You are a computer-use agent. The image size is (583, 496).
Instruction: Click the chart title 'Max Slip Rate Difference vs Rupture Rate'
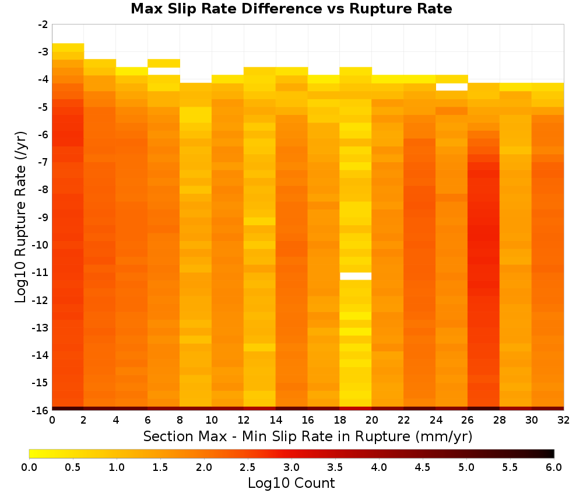[291, 9]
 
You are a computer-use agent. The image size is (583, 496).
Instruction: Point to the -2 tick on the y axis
[43, 25]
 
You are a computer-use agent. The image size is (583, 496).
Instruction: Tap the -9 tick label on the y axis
[43, 217]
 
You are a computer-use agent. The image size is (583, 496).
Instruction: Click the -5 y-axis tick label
[43, 107]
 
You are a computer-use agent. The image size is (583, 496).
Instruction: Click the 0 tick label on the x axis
[52, 420]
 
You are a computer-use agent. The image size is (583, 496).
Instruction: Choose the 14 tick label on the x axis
[276, 420]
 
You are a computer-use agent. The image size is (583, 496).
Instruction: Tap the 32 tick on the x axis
[564, 420]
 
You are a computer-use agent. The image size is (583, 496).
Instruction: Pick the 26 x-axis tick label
[468, 420]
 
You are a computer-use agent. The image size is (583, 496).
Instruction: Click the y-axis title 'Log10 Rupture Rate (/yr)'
[20, 217]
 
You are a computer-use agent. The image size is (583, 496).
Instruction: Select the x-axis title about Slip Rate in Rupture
[308, 436]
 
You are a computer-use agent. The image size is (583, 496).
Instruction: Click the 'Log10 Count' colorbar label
[291, 483]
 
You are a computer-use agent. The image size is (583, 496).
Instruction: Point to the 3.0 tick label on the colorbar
[291, 467]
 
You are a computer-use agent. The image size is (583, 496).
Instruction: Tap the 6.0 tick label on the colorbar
[554, 467]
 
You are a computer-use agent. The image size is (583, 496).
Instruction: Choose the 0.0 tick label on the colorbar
[29, 467]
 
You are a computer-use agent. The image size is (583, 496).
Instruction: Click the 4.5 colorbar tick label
[423, 467]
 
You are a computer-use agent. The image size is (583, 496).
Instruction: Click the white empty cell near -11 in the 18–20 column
[356, 276]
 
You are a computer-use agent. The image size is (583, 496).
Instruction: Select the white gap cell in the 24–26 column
[451, 87]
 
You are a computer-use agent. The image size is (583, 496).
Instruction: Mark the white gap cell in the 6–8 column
[164, 71]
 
